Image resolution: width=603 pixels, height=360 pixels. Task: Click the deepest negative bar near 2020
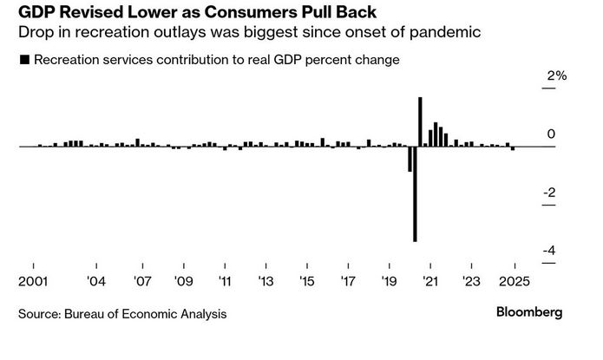coord(415,193)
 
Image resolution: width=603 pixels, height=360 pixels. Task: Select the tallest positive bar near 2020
coord(420,121)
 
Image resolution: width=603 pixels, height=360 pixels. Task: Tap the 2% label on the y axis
coord(556,76)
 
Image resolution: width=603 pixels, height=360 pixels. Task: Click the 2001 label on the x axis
coord(33,281)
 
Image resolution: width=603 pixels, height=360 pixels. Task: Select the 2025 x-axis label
coord(515,281)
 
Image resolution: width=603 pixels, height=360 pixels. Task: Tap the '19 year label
coord(390,281)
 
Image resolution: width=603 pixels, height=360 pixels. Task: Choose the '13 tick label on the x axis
coord(265,281)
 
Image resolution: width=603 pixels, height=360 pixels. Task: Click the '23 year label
coord(472,281)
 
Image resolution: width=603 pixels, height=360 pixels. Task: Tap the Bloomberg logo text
coord(529,311)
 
